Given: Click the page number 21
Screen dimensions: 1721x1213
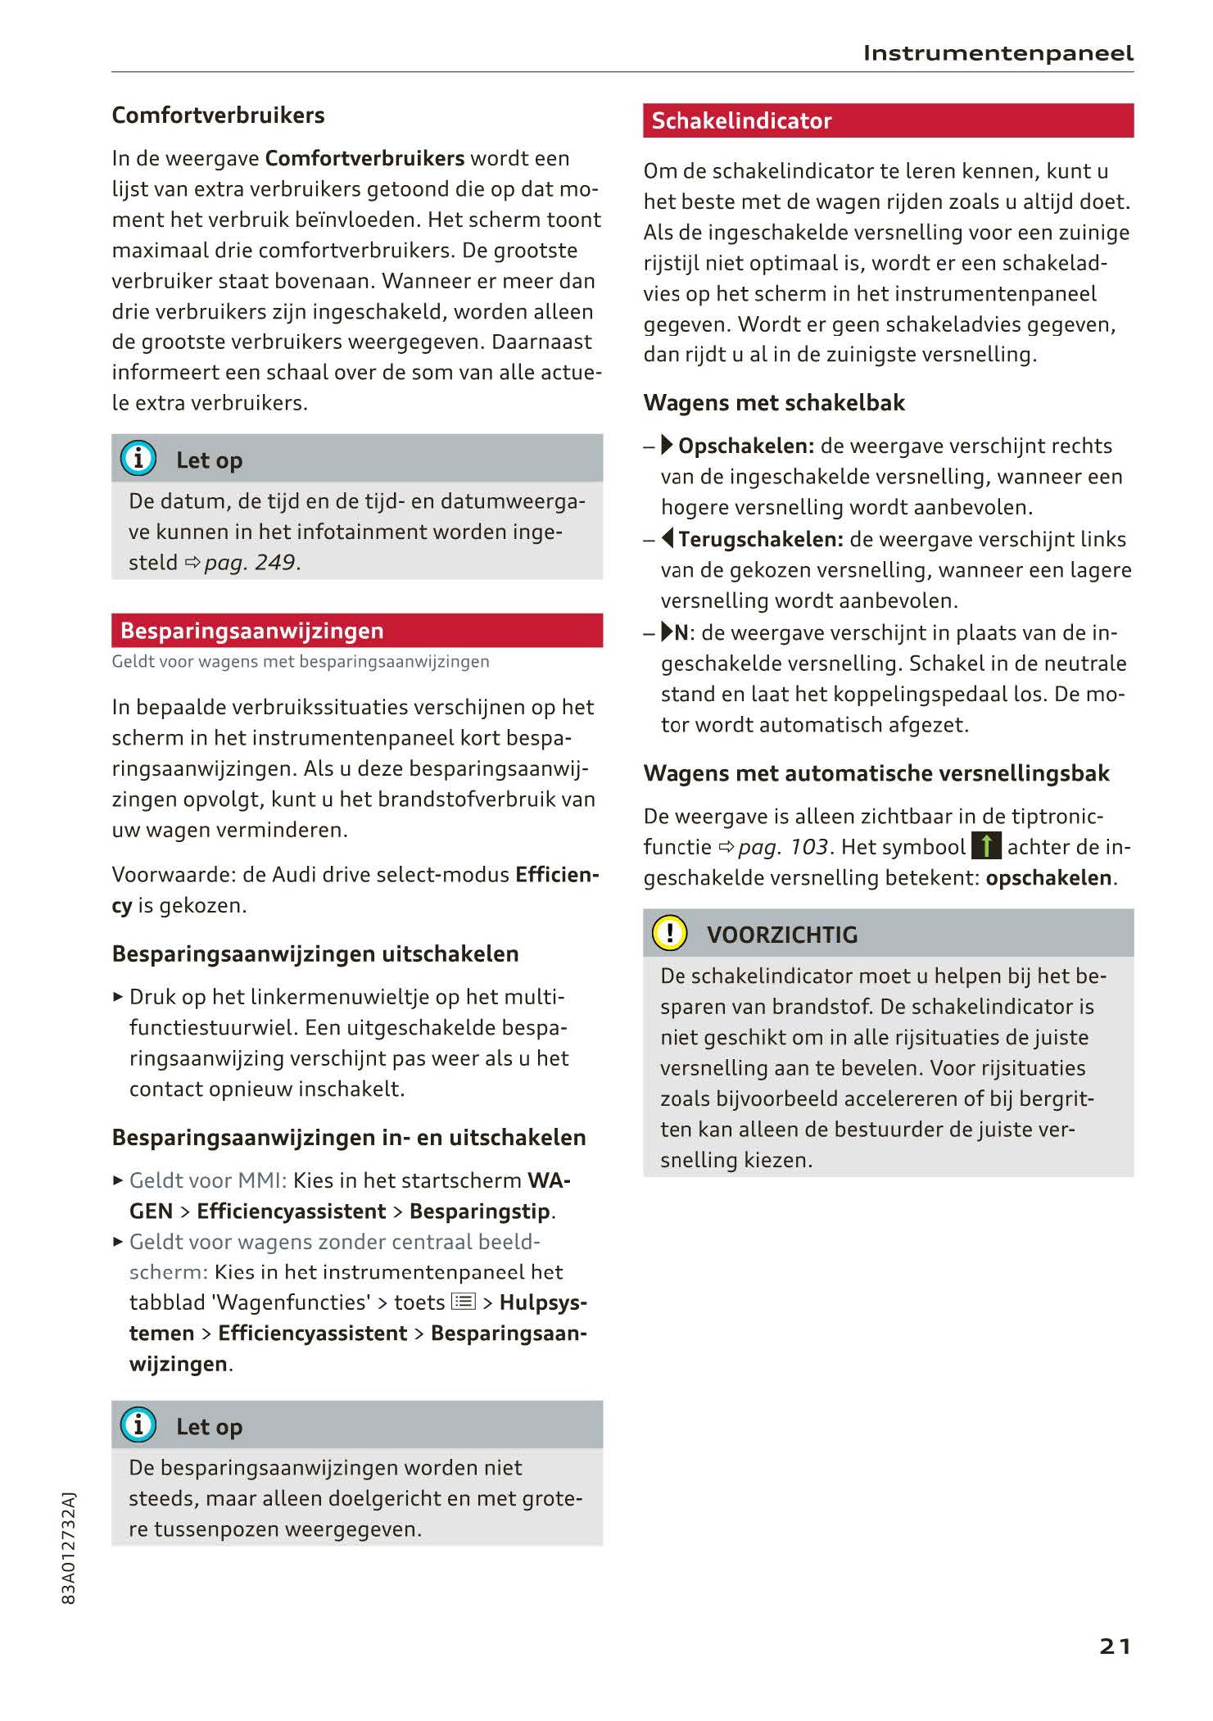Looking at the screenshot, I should coord(1115,1646).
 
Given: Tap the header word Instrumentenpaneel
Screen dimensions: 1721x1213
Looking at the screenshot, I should coord(998,54).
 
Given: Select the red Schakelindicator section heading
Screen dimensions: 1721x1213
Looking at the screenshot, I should coord(741,121).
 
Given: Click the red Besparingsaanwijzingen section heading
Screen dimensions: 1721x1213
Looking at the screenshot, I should coord(251,631).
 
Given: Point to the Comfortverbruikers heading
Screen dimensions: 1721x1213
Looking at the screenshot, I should coord(218,115).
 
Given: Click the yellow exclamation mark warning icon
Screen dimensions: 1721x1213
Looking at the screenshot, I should coord(669,933).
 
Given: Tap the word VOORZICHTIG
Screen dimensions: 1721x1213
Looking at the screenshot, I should coord(782,935).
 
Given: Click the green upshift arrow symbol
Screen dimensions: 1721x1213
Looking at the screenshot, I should coord(986,846).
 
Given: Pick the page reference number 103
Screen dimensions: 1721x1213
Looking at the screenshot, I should coord(808,847).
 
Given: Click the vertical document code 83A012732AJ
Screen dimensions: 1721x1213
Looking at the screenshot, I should coord(69,1547).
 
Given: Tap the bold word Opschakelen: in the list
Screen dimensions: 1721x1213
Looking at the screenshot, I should coord(746,446).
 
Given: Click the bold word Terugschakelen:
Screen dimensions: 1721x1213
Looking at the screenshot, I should coord(761,540).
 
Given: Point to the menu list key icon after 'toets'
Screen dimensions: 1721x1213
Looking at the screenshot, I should coord(464,1302).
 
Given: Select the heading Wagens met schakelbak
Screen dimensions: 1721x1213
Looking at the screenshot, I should coord(774,403).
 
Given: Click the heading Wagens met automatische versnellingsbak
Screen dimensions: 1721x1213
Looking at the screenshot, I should coord(876,773).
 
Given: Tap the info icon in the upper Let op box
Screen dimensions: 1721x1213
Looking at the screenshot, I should coord(138,459).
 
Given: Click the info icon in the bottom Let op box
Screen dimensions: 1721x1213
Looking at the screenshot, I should coord(138,1425).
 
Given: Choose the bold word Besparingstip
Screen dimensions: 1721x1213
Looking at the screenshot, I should coord(481,1211).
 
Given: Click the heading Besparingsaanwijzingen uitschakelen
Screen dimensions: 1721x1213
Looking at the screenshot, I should coord(315,954).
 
